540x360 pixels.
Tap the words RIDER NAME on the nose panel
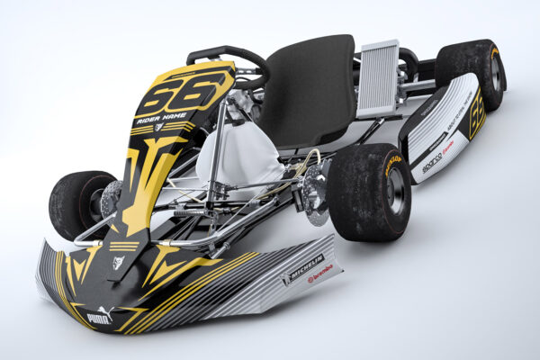(162, 116)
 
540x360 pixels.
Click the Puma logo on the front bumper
(99, 316)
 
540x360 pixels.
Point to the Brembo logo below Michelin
(319, 273)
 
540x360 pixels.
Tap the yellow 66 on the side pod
(476, 112)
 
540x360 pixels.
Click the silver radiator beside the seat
(378, 78)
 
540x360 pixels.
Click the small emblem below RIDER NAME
(159, 127)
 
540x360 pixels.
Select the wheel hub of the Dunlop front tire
(394, 192)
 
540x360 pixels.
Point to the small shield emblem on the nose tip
(118, 262)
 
